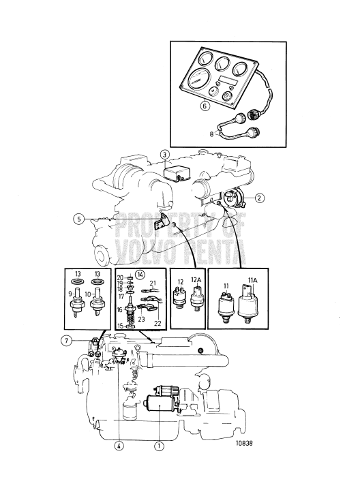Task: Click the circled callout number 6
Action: (205, 106)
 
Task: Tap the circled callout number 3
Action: (164, 155)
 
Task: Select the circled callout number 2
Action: (259, 198)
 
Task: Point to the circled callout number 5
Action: (79, 219)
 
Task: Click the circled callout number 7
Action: (66, 341)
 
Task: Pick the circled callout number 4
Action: (119, 446)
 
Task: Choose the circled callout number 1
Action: (159, 446)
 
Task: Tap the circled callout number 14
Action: (140, 275)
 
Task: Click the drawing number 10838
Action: (244, 443)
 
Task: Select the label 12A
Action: (196, 280)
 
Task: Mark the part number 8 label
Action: (212, 134)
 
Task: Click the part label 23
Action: (142, 320)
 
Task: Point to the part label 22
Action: (157, 324)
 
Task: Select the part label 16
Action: (119, 309)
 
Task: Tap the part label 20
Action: (120, 278)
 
